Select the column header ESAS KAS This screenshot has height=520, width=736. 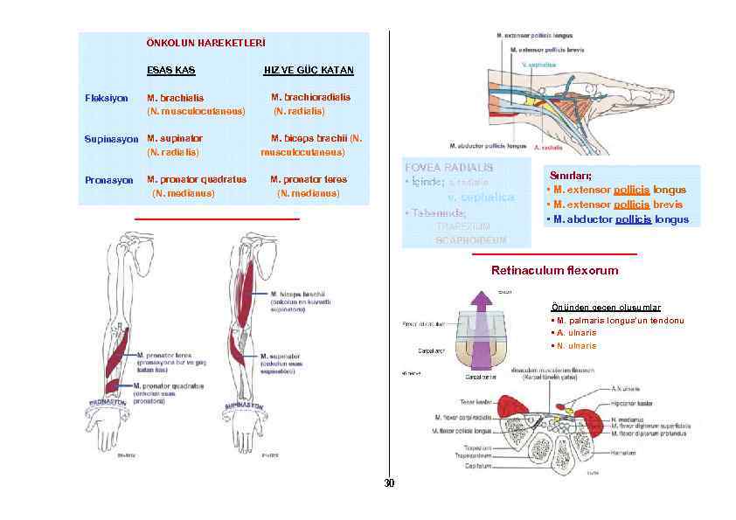[171, 70]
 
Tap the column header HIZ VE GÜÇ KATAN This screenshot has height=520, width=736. [309, 70]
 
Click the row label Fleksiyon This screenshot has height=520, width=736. [106, 98]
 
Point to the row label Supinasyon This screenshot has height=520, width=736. [111, 139]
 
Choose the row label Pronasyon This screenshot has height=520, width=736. [108, 180]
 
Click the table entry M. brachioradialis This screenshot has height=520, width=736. [310, 98]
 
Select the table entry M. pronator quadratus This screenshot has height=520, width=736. [197, 180]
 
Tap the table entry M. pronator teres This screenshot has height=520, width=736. [309, 180]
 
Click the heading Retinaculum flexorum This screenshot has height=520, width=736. [554, 270]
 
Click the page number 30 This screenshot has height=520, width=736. [389, 483]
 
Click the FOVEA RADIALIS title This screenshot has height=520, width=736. [448, 167]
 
